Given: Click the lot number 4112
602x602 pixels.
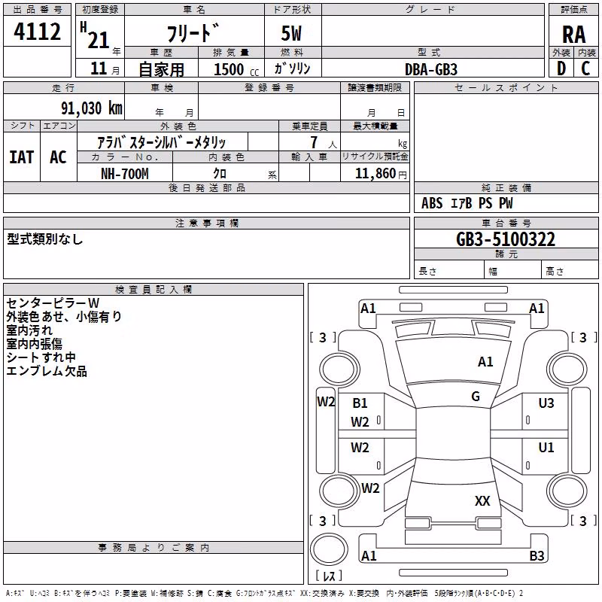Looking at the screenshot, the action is pyautogui.click(x=37, y=32).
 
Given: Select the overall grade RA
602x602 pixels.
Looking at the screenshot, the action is pyautogui.click(x=573, y=35).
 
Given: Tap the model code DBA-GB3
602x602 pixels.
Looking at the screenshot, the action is pyautogui.click(x=430, y=69).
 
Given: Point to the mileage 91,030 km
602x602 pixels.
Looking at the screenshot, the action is pyautogui.click(x=92, y=108).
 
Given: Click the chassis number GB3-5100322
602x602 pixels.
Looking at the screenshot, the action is pyautogui.click(x=505, y=239).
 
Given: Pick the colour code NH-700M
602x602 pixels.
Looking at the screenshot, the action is pyautogui.click(x=124, y=174).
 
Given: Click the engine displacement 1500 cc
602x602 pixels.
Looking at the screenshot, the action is pyautogui.click(x=236, y=69).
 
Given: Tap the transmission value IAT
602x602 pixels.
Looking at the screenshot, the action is pyautogui.click(x=22, y=157).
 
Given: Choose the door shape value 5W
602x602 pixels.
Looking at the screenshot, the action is pyautogui.click(x=291, y=33).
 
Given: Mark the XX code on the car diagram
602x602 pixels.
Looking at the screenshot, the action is pyautogui.click(x=482, y=500).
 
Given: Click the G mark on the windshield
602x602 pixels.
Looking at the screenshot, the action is pyautogui.click(x=476, y=396).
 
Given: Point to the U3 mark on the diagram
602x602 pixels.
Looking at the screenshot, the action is pyautogui.click(x=546, y=403).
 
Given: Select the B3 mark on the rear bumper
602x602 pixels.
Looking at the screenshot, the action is pyautogui.click(x=537, y=555).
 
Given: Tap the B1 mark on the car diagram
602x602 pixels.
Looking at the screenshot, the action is pyautogui.click(x=360, y=403).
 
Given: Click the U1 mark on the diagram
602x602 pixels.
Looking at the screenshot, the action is pyautogui.click(x=546, y=447).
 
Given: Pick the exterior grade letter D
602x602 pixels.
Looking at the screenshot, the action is pyautogui.click(x=561, y=68).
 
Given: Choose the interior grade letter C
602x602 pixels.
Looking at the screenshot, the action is pyautogui.click(x=585, y=68).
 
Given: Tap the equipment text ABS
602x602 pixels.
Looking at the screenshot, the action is pyautogui.click(x=432, y=203).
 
